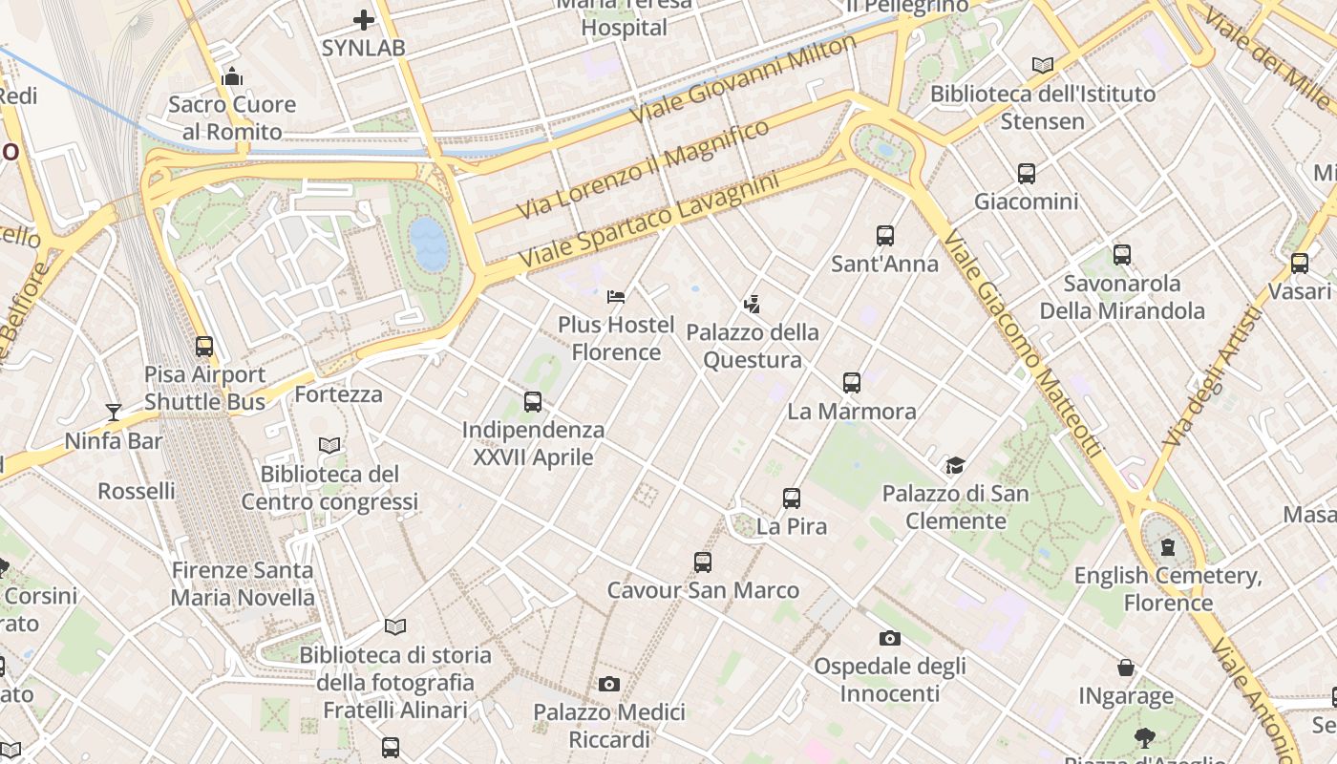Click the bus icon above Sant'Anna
(x=885, y=235)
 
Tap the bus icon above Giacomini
(x=1027, y=174)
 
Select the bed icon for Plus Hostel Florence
(x=616, y=296)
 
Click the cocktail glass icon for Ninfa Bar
(x=114, y=413)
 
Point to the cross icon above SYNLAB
(x=364, y=19)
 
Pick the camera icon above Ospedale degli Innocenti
(x=889, y=638)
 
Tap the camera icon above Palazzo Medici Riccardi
(x=608, y=684)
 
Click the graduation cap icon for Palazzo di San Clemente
(x=955, y=465)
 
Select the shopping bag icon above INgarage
(x=1126, y=667)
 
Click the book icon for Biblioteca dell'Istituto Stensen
(x=1043, y=65)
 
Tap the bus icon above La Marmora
(x=852, y=383)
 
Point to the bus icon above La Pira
(x=792, y=498)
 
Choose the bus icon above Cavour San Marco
(x=703, y=562)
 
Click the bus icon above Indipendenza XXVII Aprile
(x=533, y=402)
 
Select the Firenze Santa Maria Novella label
(x=243, y=584)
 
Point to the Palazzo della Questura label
(x=753, y=346)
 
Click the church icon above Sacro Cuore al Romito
(x=232, y=76)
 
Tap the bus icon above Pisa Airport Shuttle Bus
(x=204, y=346)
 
